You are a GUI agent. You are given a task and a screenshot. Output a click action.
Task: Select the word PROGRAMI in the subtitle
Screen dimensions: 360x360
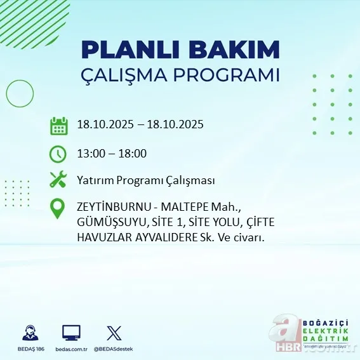(231, 75)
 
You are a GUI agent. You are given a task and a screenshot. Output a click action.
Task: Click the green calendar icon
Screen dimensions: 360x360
(58, 125)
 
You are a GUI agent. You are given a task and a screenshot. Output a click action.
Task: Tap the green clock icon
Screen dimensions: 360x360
(58, 153)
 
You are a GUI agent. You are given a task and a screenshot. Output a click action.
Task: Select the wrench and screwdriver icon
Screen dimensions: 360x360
(58, 180)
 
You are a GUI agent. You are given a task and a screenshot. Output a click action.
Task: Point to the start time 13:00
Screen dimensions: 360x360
(90, 153)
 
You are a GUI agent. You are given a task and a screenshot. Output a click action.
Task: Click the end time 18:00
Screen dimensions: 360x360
(133, 153)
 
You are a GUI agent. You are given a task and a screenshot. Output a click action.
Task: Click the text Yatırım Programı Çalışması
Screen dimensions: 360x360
(145, 180)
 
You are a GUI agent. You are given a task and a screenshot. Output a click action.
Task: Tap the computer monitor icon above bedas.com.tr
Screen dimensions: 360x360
(70, 332)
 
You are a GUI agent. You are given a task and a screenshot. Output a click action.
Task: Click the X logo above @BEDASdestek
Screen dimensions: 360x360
(114, 332)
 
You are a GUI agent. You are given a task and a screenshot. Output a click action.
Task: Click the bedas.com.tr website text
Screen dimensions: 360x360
(71, 349)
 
